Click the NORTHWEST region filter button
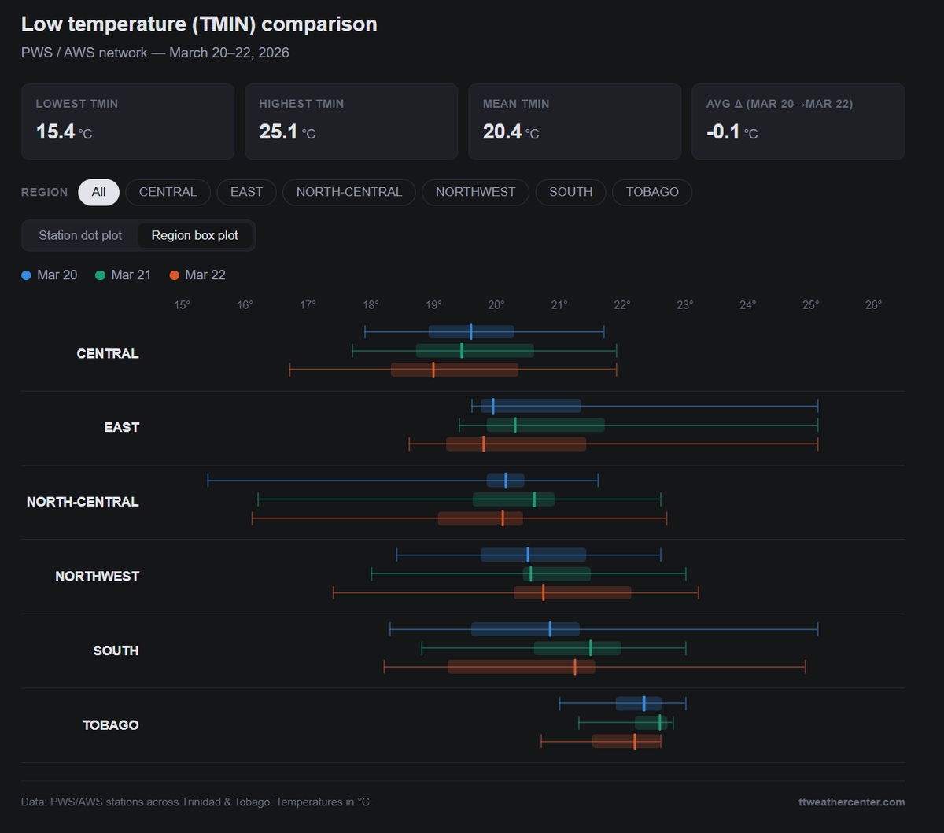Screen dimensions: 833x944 click(x=475, y=192)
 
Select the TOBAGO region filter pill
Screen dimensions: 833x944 click(x=652, y=192)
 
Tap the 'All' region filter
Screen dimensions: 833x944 click(x=98, y=192)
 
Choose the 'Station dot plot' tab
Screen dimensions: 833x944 click(x=80, y=235)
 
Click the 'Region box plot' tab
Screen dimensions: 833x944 click(x=195, y=235)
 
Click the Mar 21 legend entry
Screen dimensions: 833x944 click(x=123, y=275)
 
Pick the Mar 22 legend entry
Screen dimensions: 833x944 click(x=197, y=275)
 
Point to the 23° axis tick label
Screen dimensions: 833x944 click(x=684, y=305)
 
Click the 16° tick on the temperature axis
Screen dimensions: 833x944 click(x=245, y=305)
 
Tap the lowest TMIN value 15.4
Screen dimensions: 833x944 click(x=55, y=131)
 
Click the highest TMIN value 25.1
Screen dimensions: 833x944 click(x=278, y=131)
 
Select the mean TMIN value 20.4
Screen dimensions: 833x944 click(x=502, y=131)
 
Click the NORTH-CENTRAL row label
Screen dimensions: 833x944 click(x=83, y=502)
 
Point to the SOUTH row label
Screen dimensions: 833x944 click(x=116, y=651)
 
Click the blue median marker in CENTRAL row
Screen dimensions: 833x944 click(x=471, y=331)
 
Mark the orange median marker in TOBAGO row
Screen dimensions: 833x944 click(x=635, y=741)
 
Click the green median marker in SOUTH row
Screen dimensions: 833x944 click(x=591, y=647)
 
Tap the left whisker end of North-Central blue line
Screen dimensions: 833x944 click(x=208, y=480)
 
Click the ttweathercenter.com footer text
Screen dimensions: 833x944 click(x=851, y=802)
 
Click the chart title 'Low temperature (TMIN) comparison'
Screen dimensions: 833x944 click(x=199, y=24)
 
